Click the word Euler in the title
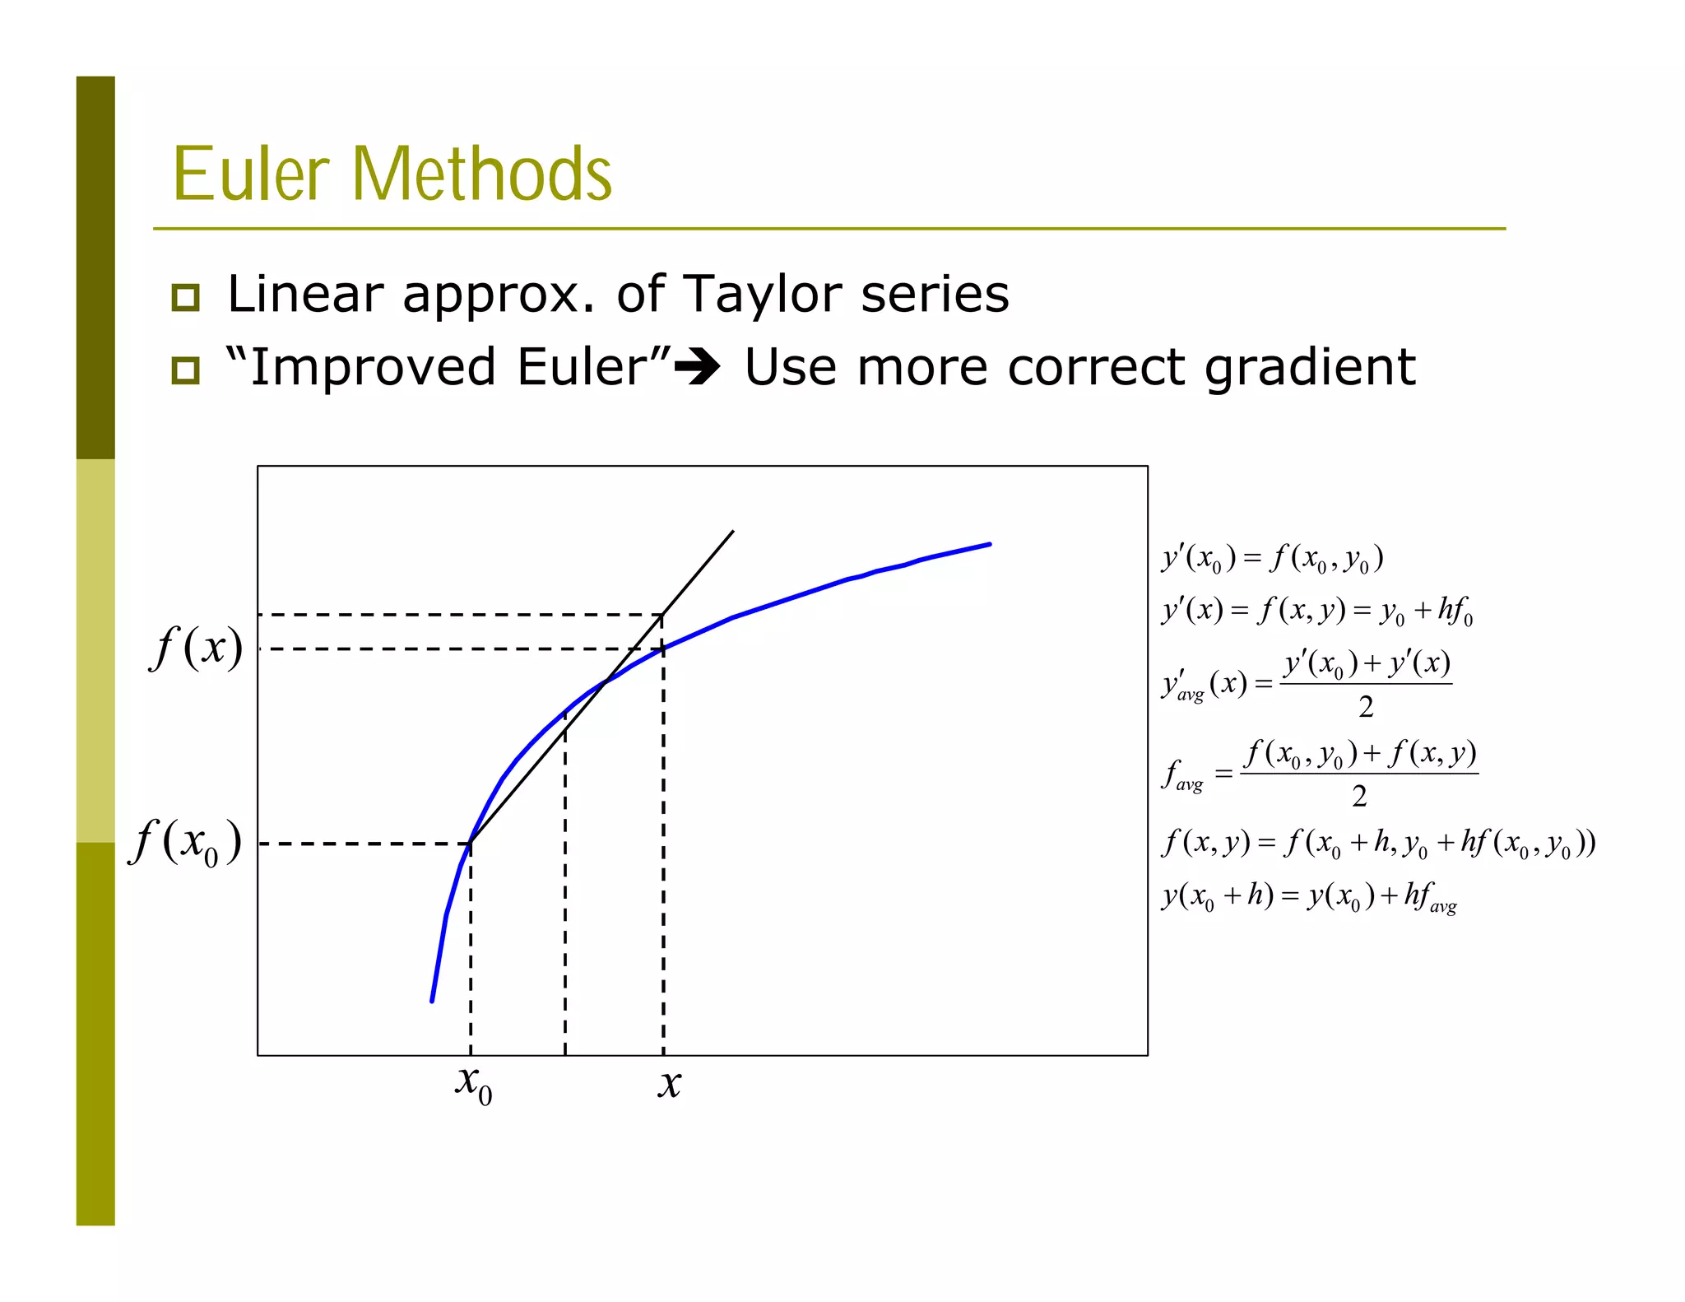tap(251, 174)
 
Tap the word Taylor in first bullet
tap(762, 294)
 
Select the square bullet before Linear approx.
tap(186, 297)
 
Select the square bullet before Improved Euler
tap(186, 370)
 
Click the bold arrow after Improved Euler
tap(697, 367)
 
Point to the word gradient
tap(1310, 368)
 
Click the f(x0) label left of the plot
tap(186, 843)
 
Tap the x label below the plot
tap(670, 1083)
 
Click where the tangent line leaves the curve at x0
tap(471, 843)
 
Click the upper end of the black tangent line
tap(732, 532)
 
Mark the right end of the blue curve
tap(990, 544)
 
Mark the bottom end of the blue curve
tap(432, 1001)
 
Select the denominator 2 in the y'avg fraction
tap(1366, 706)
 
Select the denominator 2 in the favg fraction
tap(1359, 796)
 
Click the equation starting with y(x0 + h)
tap(1308, 896)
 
